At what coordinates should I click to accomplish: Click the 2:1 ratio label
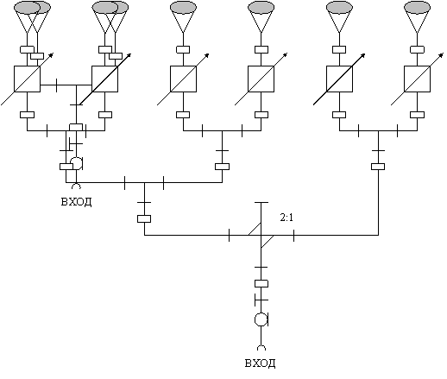click(286, 218)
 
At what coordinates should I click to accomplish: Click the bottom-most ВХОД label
click(260, 363)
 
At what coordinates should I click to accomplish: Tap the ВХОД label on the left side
click(77, 202)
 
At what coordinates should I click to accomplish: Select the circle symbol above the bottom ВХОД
click(261, 319)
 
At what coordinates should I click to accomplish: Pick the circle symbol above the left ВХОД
click(77, 163)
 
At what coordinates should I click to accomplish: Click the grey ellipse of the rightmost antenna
click(417, 8)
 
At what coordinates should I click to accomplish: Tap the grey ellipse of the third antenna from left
click(183, 8)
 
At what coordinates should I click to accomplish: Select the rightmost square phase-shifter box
click(417, 79)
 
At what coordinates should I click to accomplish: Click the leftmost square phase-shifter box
click(27, 79)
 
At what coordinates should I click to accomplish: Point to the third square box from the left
click(183, 79)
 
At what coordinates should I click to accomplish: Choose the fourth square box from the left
click(261, 79)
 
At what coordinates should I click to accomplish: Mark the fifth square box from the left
click(339, 79)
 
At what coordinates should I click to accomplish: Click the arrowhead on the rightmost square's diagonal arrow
click(442, 54)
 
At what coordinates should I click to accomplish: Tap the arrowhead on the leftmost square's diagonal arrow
click(51, 54)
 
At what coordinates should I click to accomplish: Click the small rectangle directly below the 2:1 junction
click(261, 284)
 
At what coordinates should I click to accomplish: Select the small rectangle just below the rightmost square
click(417, 115)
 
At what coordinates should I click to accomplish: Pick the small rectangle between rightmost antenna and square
click(417, 49)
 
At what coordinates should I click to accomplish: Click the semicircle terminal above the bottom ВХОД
click(261, 348)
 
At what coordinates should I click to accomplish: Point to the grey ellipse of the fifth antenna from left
click(339, 8)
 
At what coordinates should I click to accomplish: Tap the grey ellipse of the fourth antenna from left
click(261, 8)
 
